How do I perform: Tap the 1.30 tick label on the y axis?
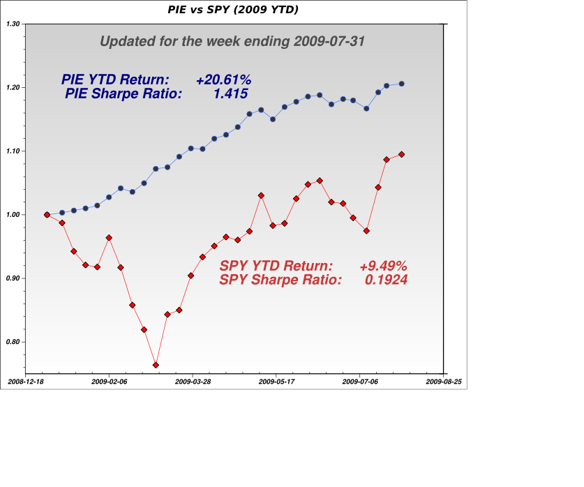coord(13,24)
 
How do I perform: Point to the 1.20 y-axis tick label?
coord(13,88)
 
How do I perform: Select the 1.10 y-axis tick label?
coord(13,151)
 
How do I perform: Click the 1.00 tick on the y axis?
coord(13,215)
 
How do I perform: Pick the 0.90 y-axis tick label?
coord(13,278)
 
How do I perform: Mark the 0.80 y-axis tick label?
coord(13,342)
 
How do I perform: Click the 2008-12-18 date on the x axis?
coord(25,382)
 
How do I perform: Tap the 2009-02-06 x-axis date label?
coord(109,382)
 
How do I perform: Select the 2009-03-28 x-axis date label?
coord(193,382)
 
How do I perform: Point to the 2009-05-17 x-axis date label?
coord(276,382)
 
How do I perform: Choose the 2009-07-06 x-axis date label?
coord(360,382)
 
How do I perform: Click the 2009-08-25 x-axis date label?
coord(444,382)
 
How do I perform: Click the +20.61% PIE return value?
coord(223,80)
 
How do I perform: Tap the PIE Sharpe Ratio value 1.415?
coord(231,93)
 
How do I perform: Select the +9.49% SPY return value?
coord(383,266)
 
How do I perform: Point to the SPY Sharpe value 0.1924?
coord(386,280)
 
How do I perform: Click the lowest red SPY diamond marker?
coord(156,365)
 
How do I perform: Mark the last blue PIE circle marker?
coord(401,84)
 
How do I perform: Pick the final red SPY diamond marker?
coord(401,154)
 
